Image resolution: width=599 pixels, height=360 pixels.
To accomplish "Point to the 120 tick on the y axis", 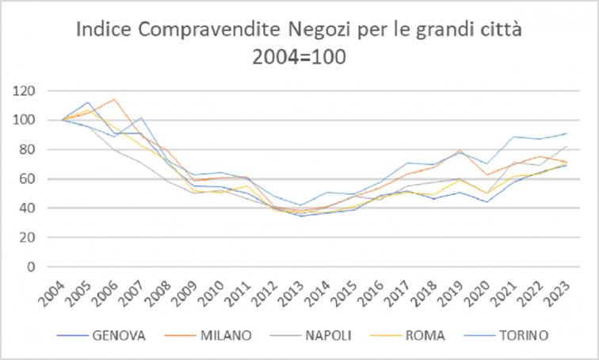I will point(25,91).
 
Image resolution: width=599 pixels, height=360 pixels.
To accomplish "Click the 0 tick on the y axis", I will point(32,267).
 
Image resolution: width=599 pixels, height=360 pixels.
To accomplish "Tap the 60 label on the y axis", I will point(29,179).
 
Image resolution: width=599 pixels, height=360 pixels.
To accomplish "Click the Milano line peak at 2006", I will point(115,99).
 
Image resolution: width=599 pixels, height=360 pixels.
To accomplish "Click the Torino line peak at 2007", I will point(142,118).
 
